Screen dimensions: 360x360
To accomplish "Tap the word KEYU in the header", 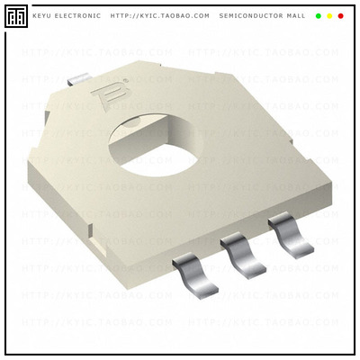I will [42, 16].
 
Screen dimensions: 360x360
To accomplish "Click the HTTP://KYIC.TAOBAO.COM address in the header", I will [159, 16].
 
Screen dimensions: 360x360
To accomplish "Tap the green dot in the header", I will [319, 16].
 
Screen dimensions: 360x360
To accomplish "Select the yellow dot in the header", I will [329, 16].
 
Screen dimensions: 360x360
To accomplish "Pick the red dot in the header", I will [340, 16].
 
